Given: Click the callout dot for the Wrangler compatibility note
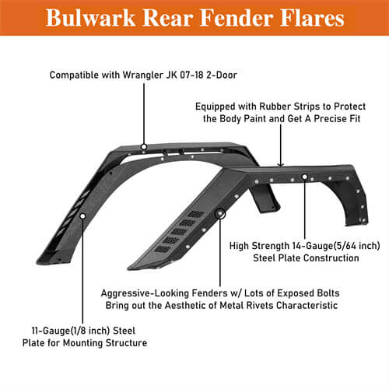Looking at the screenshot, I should pos(143,146).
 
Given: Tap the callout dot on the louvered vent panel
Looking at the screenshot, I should pos(221,212).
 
